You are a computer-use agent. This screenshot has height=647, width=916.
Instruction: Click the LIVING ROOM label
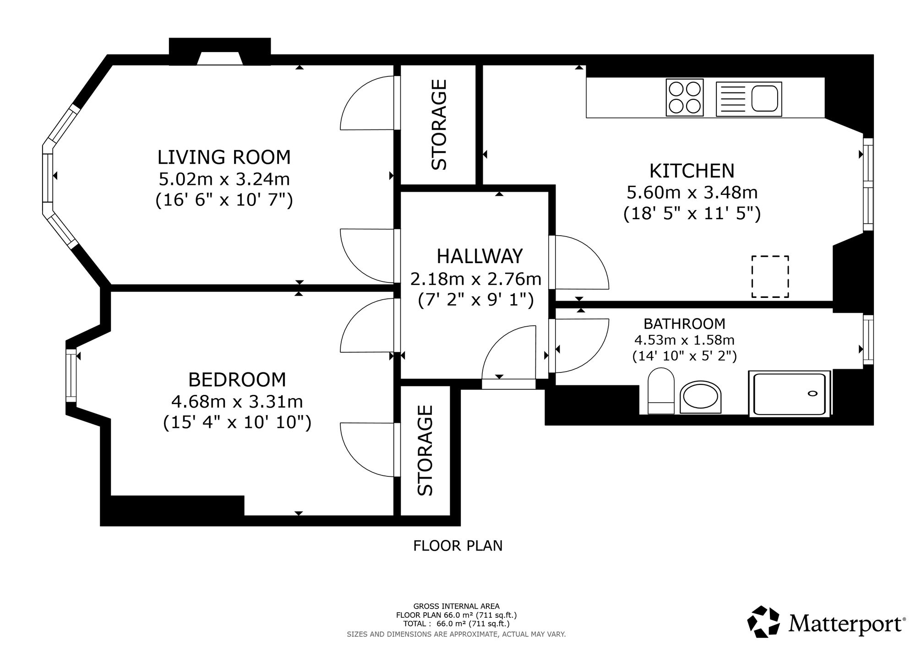point(224,157)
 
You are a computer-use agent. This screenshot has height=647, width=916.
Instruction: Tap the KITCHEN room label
point(692,171)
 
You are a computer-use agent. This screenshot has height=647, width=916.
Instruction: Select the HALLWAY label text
point(480,256)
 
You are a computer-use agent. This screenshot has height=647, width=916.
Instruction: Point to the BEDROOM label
point(237,380)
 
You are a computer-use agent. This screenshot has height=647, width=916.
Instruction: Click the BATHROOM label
point(684,324)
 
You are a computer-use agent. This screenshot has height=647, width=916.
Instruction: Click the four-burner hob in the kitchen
point(685,97)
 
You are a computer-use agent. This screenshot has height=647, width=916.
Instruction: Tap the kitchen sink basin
point(765,98)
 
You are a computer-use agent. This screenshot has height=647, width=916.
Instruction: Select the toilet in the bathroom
point(661,391)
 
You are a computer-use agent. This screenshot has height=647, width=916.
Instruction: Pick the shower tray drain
point(812,393)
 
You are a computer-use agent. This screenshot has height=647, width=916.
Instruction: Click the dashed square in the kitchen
point(770,276)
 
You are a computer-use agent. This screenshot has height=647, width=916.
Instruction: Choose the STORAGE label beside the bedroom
point(425,450)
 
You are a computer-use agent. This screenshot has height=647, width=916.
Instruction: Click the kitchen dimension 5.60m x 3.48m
point(692,193)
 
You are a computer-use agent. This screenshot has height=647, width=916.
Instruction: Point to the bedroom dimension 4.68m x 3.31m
point(237,402)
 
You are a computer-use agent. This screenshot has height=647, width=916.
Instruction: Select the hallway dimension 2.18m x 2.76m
point(476,279)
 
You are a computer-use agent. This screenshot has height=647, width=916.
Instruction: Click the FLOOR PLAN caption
point(458,545)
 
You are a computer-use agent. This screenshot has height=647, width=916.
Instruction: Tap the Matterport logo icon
point(763,622)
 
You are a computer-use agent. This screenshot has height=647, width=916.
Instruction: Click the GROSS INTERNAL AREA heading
point(457,606)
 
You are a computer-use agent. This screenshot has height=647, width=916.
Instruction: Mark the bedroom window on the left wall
point(71,376)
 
